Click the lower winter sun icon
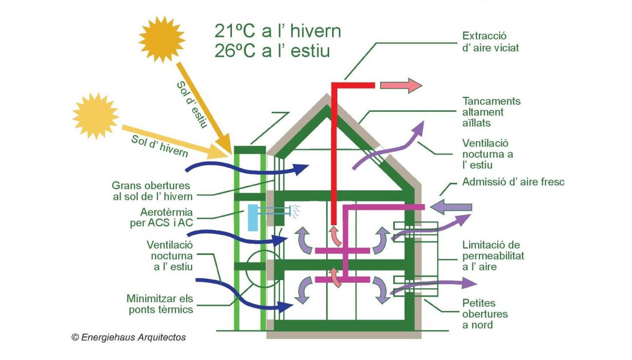point(96,116)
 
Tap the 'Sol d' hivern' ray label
point(159,145)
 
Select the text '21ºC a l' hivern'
point(278,31)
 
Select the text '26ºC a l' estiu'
point(272,51)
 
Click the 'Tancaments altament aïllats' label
point(491,112)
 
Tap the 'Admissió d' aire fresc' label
point(512,182)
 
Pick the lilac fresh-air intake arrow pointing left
point(451,207)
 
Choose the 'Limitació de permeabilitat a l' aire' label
point(493,255)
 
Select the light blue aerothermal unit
point(252,217)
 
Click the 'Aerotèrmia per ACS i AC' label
point(167,217)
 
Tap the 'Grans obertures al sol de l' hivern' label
point(152,191)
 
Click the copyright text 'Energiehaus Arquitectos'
point(129,337)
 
